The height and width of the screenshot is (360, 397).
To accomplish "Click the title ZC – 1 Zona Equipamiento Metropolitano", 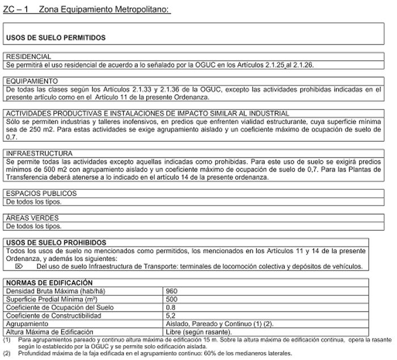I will [86, 10].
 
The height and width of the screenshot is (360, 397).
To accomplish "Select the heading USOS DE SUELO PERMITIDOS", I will [56, 37].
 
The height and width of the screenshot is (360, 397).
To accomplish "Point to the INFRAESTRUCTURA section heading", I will [38, 154].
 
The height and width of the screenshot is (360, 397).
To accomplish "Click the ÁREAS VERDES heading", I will [32, 218].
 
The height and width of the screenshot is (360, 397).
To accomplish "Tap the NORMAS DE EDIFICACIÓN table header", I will [48, 282].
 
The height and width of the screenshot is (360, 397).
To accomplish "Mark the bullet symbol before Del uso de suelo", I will [18, 265].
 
